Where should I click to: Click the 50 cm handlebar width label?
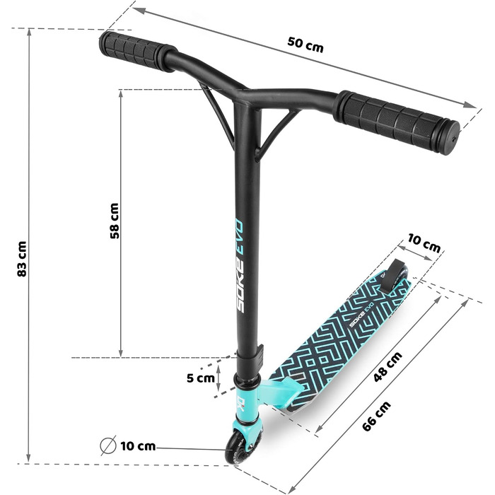[x=305, y=45]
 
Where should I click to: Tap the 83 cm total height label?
[x=22, y=259]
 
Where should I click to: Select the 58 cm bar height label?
[x=115, y=221]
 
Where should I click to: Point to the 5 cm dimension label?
[x=200, y=378]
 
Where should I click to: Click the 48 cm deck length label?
[x=388, y=366]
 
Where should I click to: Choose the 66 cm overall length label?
[x=376, y=416]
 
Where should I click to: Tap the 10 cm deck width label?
[x=424, y=243]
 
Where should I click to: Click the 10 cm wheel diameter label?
[x=138, y=446]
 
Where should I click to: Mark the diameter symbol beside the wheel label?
[x=108, y=445]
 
